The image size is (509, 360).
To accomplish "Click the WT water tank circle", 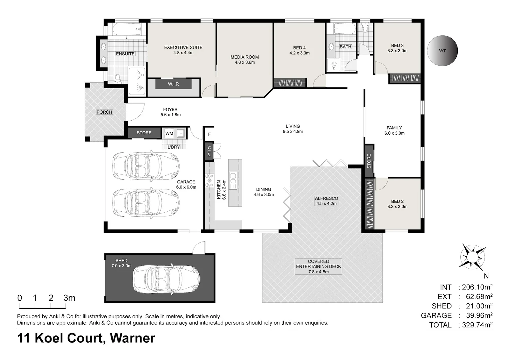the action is pyautogui.click(x=442, y=51).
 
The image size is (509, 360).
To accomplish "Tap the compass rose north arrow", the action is pyautogui.click(x=473, y=257).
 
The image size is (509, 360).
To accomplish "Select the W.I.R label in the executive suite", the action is pyautogui.click(x=173, y=84).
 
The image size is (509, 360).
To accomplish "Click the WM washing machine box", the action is pyautogui.click(x=169, y=133).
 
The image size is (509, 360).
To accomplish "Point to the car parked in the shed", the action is pyautogui.click(x=166, y=279).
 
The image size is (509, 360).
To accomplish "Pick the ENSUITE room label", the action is pyautogui.click(x=125, y=54).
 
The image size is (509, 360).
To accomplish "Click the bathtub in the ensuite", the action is pyautogui.click(x=127, y=29).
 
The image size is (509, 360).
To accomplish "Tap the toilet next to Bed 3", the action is pyautogui.click(x=365, y=28).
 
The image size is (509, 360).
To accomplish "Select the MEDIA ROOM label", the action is pyautogui.click(x=245, y=57).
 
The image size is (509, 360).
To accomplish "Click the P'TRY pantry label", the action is pyautogui.click(x=209, y=151).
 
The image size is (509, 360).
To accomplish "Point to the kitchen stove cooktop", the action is pyautogui.click(x=210, y=181).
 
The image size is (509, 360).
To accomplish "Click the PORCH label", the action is pyautogui.click(x=104, y=112).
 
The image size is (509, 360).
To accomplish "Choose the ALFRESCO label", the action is pyautogui.click(x=326, y=198).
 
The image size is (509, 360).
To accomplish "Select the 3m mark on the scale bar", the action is pyautogui.click(x=69, y=298).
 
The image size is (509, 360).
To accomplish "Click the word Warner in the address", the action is pyautogui.click(x=133, y=338).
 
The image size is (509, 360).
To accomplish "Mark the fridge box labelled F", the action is pyautogui.click(x=209, y=134).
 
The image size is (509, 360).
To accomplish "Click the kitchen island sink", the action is pyautogui.click(x=233, y=181).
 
